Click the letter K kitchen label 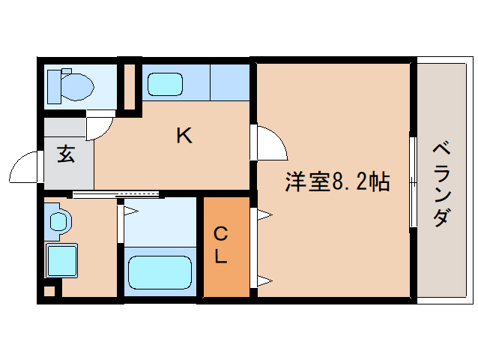click(x=184, y=136)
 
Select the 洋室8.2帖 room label click(x=336, y=181)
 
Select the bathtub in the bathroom click(x=159, y=272)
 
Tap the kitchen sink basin click(x=166, y=83)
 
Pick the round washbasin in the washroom click(x=58, y=221)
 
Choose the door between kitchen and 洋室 click(x=270, y=142)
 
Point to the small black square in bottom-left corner click(x=49, y=290)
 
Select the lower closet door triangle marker click(x=264, y=282)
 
